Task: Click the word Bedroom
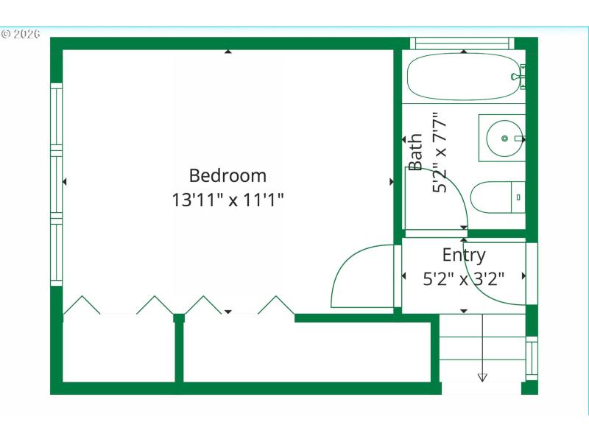pyautogui.click(x=228, y=176)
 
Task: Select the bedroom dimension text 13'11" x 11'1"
pyautogui.click(x=228, y=199)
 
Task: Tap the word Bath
pyautogui.click(x=416, y=152)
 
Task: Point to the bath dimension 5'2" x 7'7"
pyautogui.click(x=440, y=152)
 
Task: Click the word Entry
pyautogui.click(x=464, y=256)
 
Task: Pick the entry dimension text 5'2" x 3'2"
pyautogui.click(x=464, y=279)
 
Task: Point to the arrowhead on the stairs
pyautogui.click(x=482, y=377)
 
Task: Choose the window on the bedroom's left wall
pyautogui.click(x=56, y=184)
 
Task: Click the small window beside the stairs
pyautogui.click(x=532, y=358)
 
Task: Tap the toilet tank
pyautogui.click(x=518, y=197)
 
